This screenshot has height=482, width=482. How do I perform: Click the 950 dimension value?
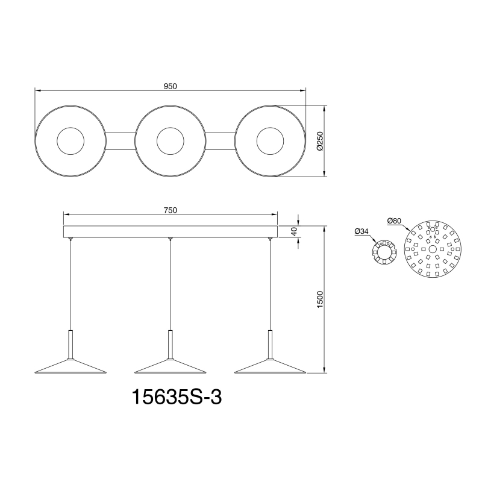click(170, 86)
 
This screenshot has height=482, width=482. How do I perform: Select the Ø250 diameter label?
click(320, 141)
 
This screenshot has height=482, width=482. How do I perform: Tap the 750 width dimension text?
click(171, 210)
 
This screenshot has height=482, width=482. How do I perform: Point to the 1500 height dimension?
click(320, 299)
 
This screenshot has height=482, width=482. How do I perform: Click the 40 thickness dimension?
click(295, 231)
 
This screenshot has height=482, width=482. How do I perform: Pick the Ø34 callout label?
click(361, 231)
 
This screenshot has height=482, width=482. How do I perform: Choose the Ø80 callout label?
click(394, 221)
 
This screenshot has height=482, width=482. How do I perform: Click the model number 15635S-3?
click(177, 397)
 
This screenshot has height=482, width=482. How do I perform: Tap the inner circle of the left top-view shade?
click(70, 128)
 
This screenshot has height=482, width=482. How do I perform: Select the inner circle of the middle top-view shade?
click(171, 128)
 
